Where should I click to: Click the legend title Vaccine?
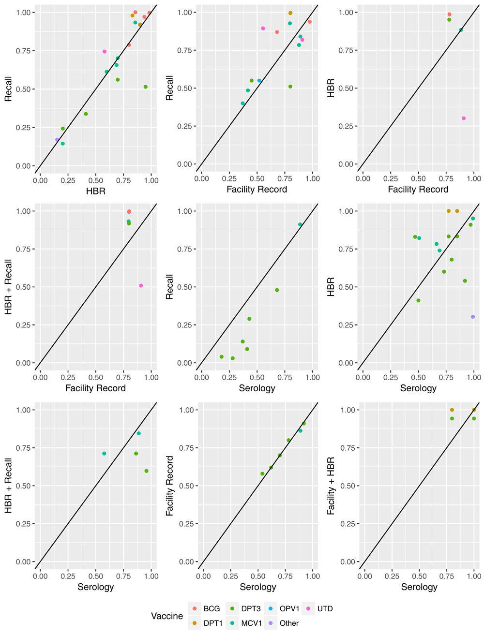coord(167,616)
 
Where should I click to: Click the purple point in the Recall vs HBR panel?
coord(57,140)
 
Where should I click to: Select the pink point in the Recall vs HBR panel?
coord(105,52)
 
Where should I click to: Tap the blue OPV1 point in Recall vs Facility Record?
coord(259,81)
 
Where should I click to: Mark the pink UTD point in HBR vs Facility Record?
coord(464,118)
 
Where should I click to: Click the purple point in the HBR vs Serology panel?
coord(473,317)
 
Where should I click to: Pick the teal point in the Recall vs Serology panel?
coord(300,224)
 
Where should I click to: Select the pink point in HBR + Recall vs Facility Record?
coord(141,286)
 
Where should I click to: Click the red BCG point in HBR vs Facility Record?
coord(449,15)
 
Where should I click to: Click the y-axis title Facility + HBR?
coord(332,486)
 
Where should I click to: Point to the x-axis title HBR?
coord(95,191)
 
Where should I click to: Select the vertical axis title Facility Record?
coord(170,486)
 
